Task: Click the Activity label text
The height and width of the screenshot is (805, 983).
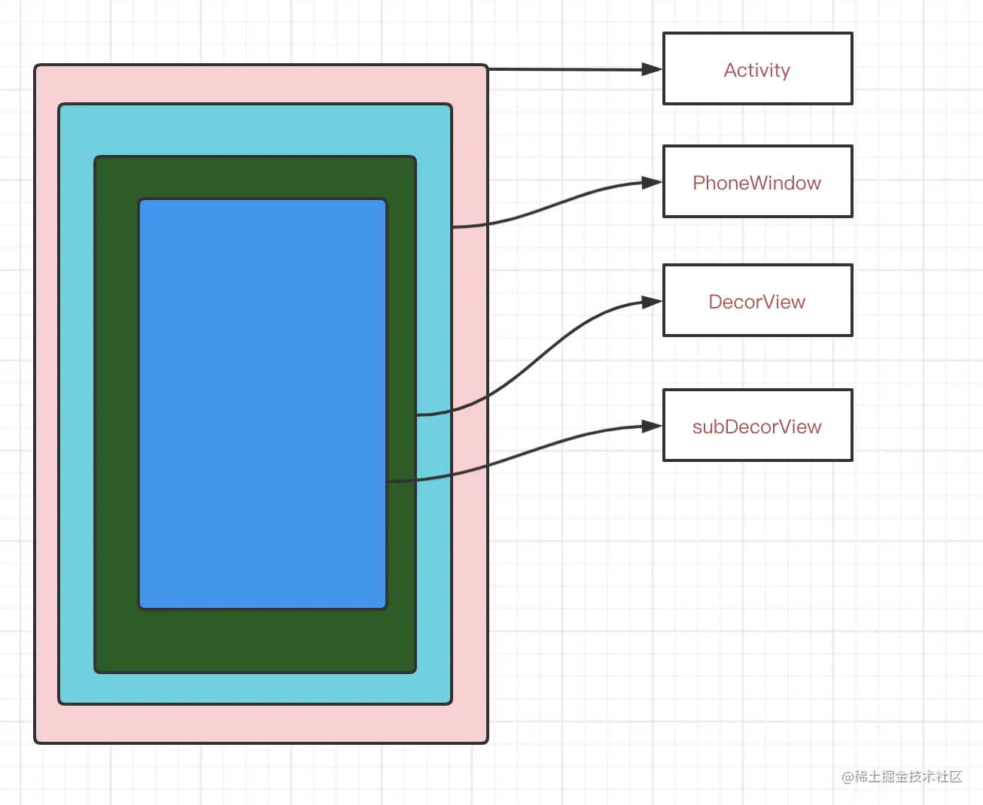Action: click(x=756, y=70)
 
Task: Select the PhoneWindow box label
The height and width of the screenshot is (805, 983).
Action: click(x=756, y=183)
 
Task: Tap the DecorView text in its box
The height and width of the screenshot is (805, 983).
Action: click(x=756, y=302)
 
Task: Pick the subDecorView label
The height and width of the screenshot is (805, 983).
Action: click(x=756, y=427)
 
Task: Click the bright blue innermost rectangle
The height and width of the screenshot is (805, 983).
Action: click(x=262, y=403)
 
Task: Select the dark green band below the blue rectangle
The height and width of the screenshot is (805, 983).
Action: click(x=256, y=640)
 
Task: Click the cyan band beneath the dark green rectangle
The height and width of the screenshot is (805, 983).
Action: click(x=256, y=688)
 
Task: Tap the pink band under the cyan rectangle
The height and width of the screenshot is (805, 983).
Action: click(x=256, y=724)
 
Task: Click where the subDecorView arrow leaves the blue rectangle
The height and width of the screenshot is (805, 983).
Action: click(x=388, y=481)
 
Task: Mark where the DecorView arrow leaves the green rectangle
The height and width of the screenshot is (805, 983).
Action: click(x=417, y=415)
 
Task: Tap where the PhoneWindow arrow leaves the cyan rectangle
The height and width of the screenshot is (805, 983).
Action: click(x=453, y=226)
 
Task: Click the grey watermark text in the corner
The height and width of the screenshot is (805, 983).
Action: click(x=902, y=776)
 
